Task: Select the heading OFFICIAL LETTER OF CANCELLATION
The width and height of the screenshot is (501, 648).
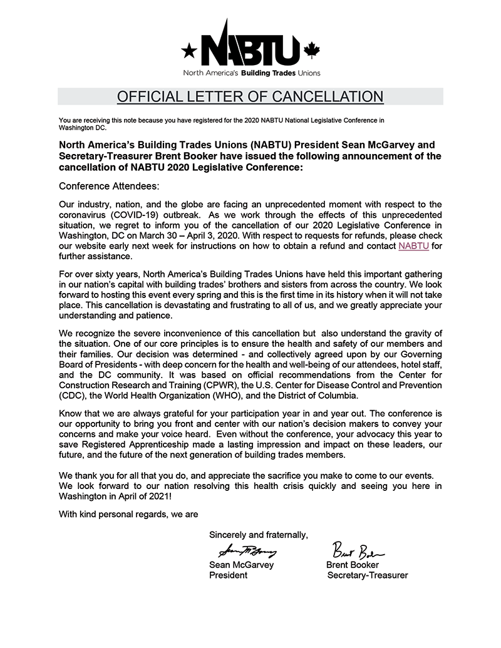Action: tap(250, 96)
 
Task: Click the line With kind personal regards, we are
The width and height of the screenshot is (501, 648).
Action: tap(128, 515)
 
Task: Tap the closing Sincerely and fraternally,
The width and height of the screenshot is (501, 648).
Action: tap(259, 535)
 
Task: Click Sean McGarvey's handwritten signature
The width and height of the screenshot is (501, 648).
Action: tap(247, 552)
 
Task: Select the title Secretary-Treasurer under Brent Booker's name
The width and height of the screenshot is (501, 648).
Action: tap(368, 575)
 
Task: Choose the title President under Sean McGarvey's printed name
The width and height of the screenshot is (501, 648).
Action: tap(228, 575)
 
